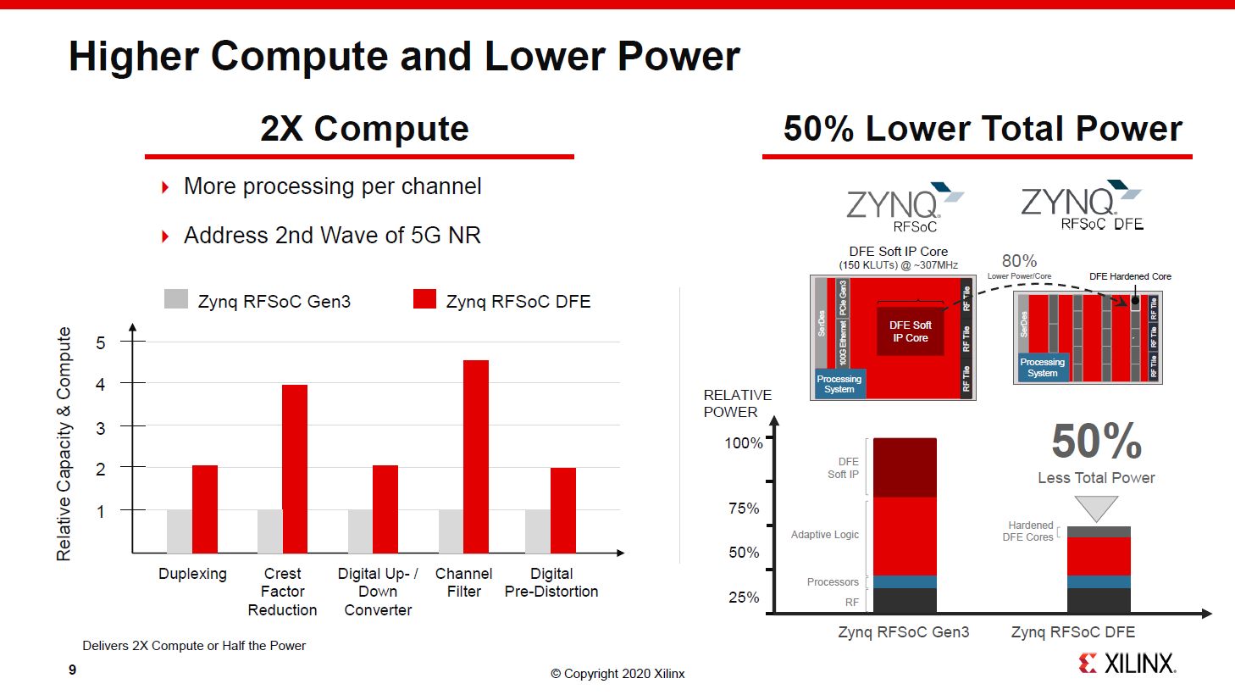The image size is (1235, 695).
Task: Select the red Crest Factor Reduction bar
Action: [295, 469]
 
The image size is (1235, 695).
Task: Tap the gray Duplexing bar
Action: [180, 531]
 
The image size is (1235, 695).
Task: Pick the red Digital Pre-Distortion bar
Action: [563, 510]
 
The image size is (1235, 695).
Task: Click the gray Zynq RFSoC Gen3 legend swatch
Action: [176, 299]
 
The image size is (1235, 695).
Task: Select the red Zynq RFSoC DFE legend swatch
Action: [424, 299]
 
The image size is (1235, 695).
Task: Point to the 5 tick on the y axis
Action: [101, 342]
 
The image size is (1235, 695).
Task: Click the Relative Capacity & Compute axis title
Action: [64, 443]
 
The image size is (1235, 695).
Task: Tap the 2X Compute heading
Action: [364, 129]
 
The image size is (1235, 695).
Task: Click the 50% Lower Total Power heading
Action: [983, 129]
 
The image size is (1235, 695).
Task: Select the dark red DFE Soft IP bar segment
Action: [905, 467]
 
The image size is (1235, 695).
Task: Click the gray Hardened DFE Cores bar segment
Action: [1099, 531]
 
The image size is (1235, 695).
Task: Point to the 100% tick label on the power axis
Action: [744, 442]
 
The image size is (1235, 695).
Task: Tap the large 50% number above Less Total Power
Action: [1097, 441]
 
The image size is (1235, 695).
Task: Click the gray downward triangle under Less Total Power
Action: [1096, 507]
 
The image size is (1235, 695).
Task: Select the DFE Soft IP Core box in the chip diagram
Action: [910, 331]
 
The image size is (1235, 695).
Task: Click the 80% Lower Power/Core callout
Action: [1019, 264]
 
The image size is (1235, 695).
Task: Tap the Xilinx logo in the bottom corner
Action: [1127, 663]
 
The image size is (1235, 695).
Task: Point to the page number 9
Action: [73, 670]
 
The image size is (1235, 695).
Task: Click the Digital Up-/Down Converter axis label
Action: [378, 592]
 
